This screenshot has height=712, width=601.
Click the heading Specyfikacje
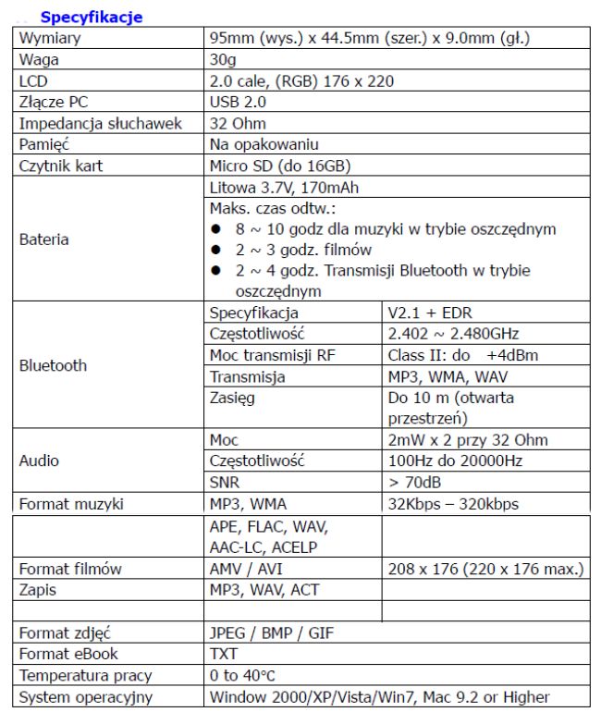click(91, 18)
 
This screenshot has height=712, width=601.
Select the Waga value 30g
click(224, 60)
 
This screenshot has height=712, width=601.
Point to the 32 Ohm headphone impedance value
click(238, 123)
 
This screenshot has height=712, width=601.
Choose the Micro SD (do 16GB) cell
click(280, 166)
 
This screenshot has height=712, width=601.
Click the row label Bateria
click(43, 239)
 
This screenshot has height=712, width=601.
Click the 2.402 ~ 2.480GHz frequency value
click(454, 334)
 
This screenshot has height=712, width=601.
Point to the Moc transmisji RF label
click(272, 355)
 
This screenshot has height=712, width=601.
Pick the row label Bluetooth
click(53, 365)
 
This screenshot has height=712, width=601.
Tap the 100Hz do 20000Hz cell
click(456, 460)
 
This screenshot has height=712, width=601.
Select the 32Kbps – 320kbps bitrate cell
click(453, 505)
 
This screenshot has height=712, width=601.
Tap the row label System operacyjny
click(85, 697)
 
